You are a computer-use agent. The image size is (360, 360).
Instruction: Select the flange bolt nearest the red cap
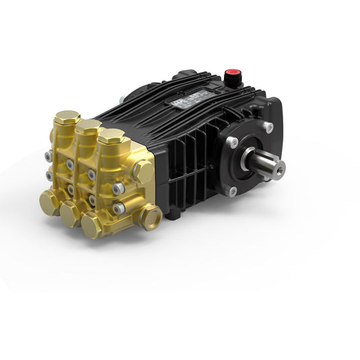[x=268, y=126]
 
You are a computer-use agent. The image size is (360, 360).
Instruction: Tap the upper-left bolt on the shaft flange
[x=232, y=142]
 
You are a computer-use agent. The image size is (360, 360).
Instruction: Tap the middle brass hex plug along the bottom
[x=69, y=214]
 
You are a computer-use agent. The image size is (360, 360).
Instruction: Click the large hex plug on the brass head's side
[x=143, y=172]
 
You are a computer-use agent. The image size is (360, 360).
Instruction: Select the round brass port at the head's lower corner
[x=150, y=217]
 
